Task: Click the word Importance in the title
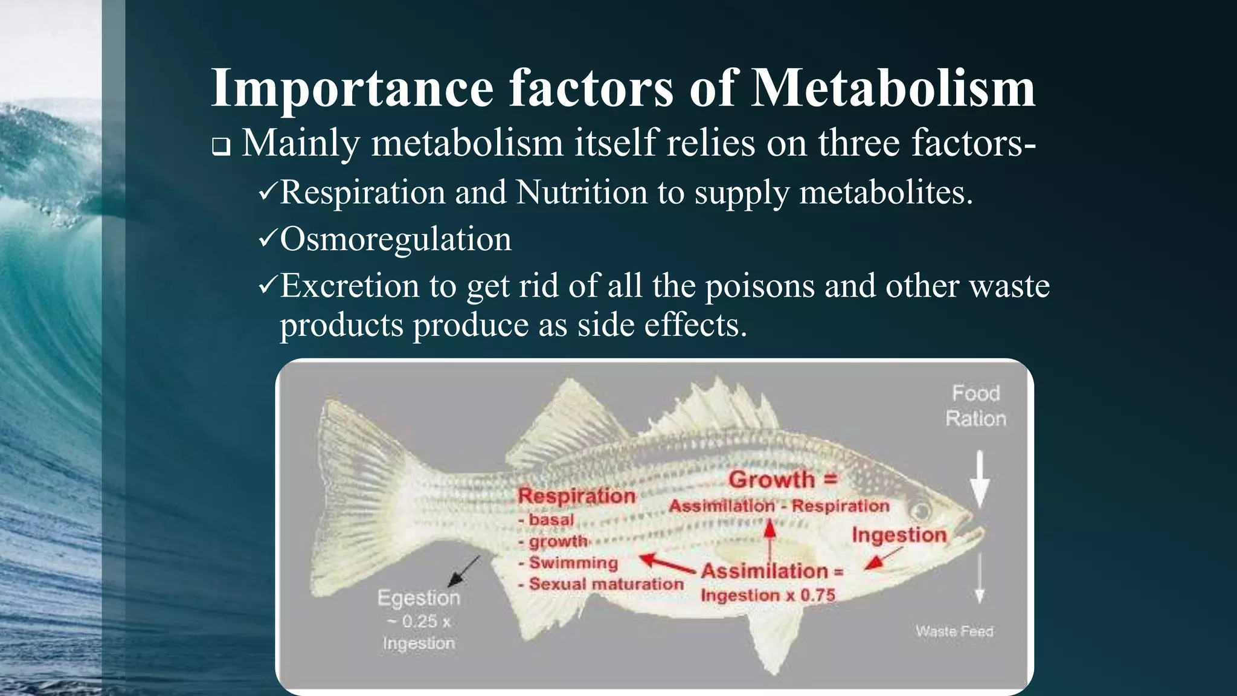click(352, 89)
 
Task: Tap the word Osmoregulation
click(396, 239)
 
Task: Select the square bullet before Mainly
click(221, 146)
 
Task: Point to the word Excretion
click(349, 285)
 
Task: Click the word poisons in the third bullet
click(760, 285)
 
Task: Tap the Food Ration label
click(975, 405)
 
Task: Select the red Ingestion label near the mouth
click(899, 535)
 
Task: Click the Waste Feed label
click(954, 631)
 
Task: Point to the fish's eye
click(921, 511)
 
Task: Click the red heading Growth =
click(782, 479)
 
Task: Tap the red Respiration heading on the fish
click(577, 496)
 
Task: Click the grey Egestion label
click(419, 598)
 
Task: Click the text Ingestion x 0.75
click(768, 595)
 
